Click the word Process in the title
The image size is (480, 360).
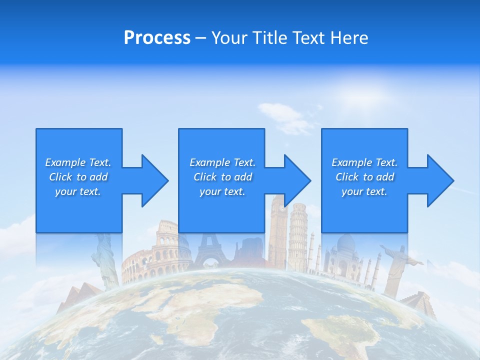pyautogui.click(x=157, y=38)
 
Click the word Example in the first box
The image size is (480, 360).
pyautogui.click(x=65, y=162)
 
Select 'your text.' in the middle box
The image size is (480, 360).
pyautogui.click(x=222, y=191)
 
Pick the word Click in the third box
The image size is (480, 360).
pyautogui.click(x=348, y=177)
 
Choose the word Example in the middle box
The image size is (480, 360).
pyautogui.click(x=209, y=162)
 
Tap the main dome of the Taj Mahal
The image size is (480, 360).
pyautogui.click(x=344, y=245)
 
